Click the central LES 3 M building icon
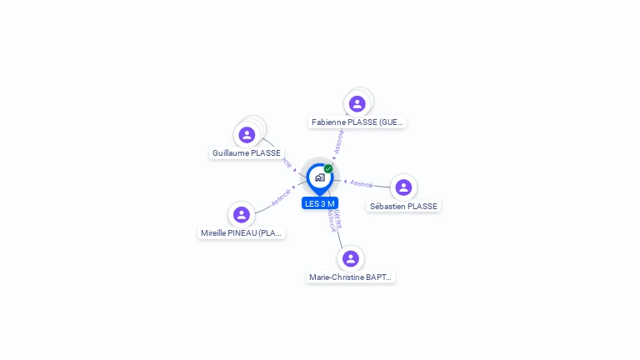click(319, 177)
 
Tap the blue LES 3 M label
click(320, 203)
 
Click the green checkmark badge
click(328, 168)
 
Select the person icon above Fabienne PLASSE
click(357, 103)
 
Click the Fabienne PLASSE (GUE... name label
click(357, 122)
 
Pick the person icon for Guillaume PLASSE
click(247, 134)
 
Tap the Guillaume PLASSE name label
click(247, 153)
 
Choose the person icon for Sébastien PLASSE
click(403, 187)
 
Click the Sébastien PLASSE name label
click(403, 207)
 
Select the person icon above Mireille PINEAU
click(242, 214)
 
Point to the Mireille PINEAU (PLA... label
click(242, 233)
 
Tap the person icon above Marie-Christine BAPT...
click(351, 258)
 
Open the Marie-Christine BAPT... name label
click(351, 277)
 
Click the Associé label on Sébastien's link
click(362, 183)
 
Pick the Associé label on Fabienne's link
click(338, 141)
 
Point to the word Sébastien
click(387, 207)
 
